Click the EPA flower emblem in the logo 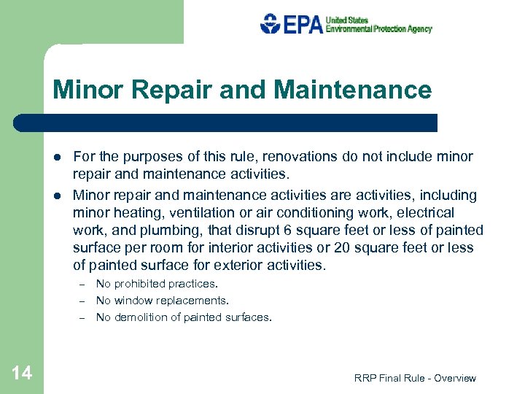[271, 24]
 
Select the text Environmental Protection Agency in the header [378, 29]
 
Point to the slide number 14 [22, 374]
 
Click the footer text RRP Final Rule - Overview [415, 378]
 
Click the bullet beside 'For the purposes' [57, 157]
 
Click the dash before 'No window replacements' [83, 301]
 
